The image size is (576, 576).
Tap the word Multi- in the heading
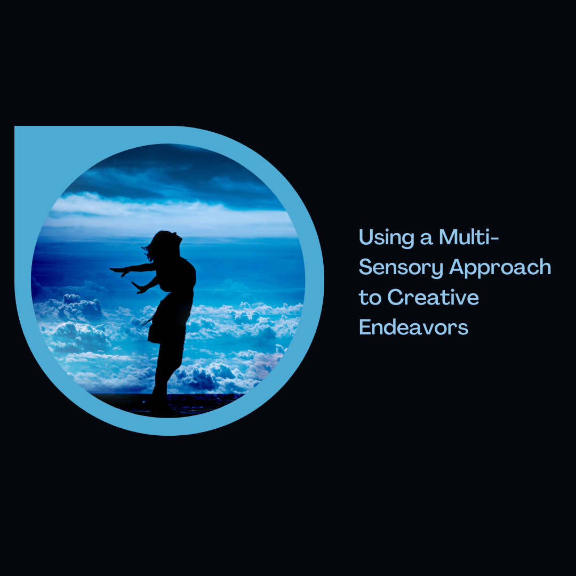469,237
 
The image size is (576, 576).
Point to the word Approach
500,267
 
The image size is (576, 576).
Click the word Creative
433,297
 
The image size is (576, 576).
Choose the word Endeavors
414,326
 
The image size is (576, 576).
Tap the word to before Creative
370,298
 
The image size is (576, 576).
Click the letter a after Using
426,239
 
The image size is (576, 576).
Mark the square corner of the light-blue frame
15,126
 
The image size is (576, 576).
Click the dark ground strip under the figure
167,404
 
